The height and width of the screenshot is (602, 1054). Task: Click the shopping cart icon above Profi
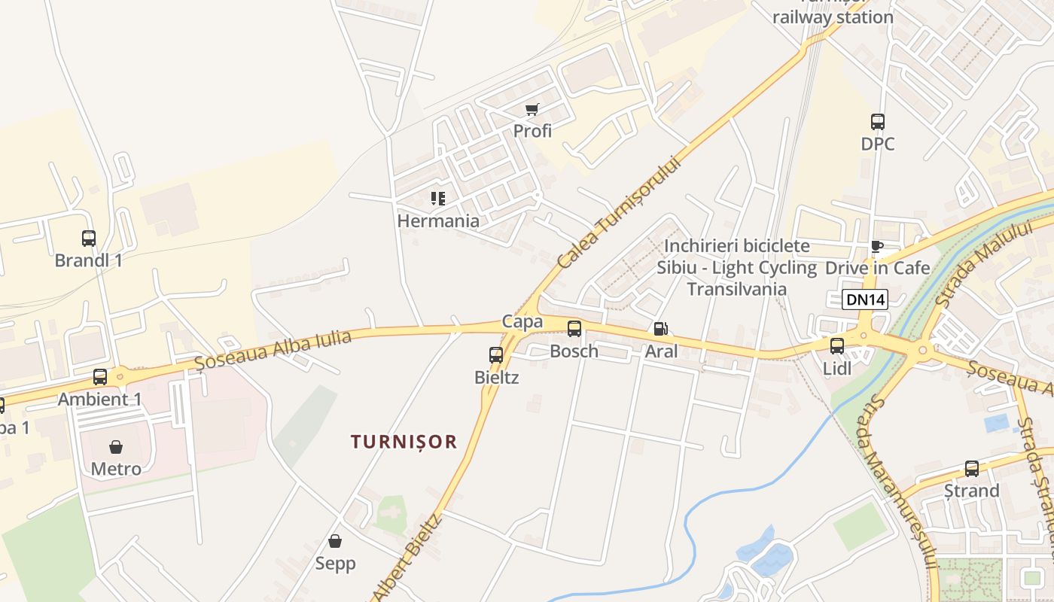click(x=532, y=110)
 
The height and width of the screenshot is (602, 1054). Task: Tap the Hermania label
click(x=438, y=220)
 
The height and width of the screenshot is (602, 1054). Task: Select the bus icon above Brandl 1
click(x=89, y=239)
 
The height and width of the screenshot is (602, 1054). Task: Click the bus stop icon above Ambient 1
click(x=100, y=377)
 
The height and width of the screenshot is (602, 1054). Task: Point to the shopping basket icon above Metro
click(x=116, y=447)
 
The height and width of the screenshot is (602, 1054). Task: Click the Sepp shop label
click(x=335, y=563)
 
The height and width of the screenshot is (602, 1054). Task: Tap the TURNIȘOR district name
click(x=404, y=442)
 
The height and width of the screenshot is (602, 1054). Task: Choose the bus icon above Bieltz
click(x=496, y=355)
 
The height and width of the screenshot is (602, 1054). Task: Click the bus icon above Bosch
click(x=574, y=329)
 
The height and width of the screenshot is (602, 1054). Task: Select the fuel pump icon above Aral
click(x=660, y=329)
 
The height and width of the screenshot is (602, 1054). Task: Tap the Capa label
click(x=522, y=321)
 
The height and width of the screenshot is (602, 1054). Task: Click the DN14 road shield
click(x=865, y=299)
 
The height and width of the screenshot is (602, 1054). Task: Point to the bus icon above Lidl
click(x=837, y=346)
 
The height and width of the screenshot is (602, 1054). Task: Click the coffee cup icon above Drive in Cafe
click(x=876, y=246)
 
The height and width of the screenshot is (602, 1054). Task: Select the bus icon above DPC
click(x=878, y=122)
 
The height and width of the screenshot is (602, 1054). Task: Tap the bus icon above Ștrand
click(x=972, y=469)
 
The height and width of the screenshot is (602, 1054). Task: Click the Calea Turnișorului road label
click(x=620, y=212)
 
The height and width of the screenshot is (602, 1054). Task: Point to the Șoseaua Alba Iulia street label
click(x=273, y=350)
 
